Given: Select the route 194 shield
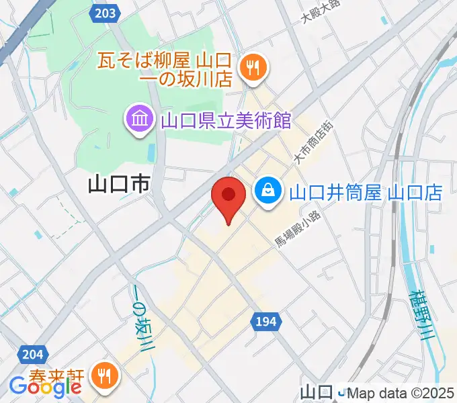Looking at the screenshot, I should (265, 323).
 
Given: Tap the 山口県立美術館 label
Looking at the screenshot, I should (225, 121).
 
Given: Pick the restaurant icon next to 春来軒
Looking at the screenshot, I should (103, 374).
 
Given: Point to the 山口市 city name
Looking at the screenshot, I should (118, 185).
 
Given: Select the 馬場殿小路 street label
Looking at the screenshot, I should (299, 228).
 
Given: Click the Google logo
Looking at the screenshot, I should (45, 386).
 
